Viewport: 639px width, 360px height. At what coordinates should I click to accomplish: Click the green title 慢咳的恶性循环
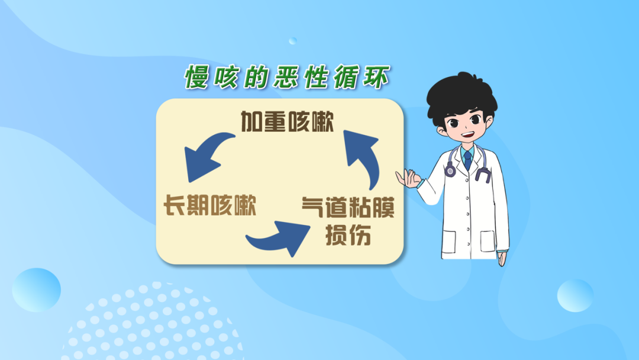pos(288,76)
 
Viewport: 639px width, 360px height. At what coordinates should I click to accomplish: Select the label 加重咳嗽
pos(288,121)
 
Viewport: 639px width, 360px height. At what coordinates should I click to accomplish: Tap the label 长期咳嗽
pos(210,205)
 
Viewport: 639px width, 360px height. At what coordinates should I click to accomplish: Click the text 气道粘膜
pos(348,207)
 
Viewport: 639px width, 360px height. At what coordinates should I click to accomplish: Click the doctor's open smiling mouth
pos(468,134)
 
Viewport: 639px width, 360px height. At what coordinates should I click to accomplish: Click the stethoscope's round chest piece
pos(450,171)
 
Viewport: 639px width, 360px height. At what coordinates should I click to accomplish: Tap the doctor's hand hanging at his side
pos(502,259)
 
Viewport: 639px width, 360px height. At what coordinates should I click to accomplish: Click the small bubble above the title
pos(293,41)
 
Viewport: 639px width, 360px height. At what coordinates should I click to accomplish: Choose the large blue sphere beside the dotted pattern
pos(36,290)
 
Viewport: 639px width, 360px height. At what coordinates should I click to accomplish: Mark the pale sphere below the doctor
pos(575,295)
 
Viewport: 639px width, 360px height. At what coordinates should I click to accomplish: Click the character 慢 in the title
pos(197,77)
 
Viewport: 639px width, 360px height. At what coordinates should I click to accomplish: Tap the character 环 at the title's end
pos(377,76)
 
